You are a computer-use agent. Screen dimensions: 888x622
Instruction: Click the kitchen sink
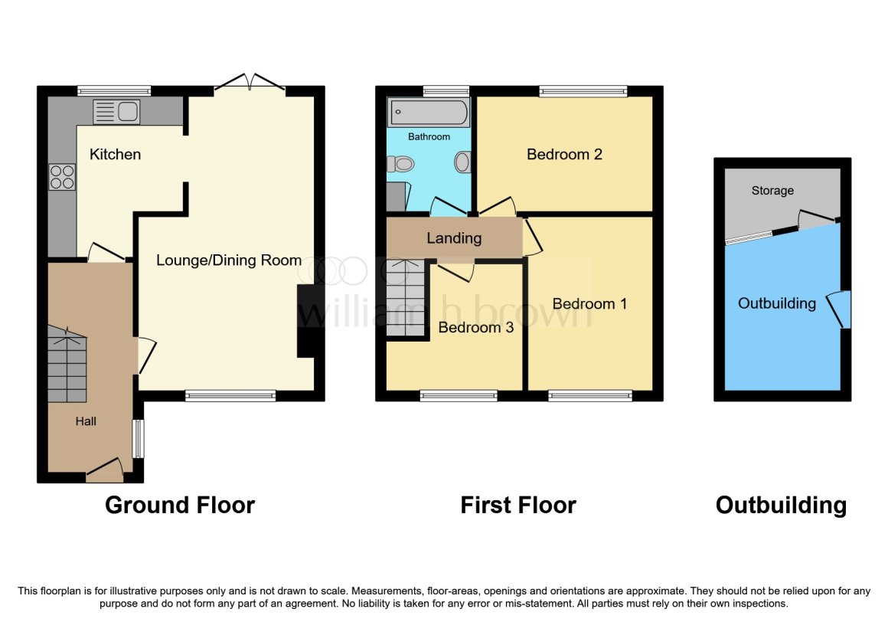116,112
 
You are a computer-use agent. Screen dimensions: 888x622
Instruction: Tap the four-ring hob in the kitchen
62,176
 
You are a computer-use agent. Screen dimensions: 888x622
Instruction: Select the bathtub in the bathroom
429,112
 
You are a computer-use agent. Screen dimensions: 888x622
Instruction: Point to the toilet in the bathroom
400,164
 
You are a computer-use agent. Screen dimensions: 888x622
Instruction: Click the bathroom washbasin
462,162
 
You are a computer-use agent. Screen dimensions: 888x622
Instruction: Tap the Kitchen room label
115,154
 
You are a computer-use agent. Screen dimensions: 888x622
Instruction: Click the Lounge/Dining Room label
229,260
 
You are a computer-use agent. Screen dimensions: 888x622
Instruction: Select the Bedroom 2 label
564,154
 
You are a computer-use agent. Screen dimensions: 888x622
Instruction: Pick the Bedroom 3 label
475,327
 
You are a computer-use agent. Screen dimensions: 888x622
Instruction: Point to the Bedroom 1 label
589,303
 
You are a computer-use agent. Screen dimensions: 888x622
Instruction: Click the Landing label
454,238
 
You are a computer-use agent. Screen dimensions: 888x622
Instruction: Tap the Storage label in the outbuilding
772,190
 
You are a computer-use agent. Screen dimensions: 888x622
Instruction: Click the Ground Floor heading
180,505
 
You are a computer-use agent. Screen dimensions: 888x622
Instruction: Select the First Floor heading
518,505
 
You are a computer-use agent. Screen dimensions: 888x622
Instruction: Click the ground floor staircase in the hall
67,364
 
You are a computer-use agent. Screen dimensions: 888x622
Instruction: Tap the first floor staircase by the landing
406,298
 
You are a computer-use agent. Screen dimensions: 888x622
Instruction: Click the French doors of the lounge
250,83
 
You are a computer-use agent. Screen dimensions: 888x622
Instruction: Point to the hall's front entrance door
105,470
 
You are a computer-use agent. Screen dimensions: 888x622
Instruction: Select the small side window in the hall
139,438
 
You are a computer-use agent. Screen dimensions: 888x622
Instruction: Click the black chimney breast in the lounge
305,321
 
